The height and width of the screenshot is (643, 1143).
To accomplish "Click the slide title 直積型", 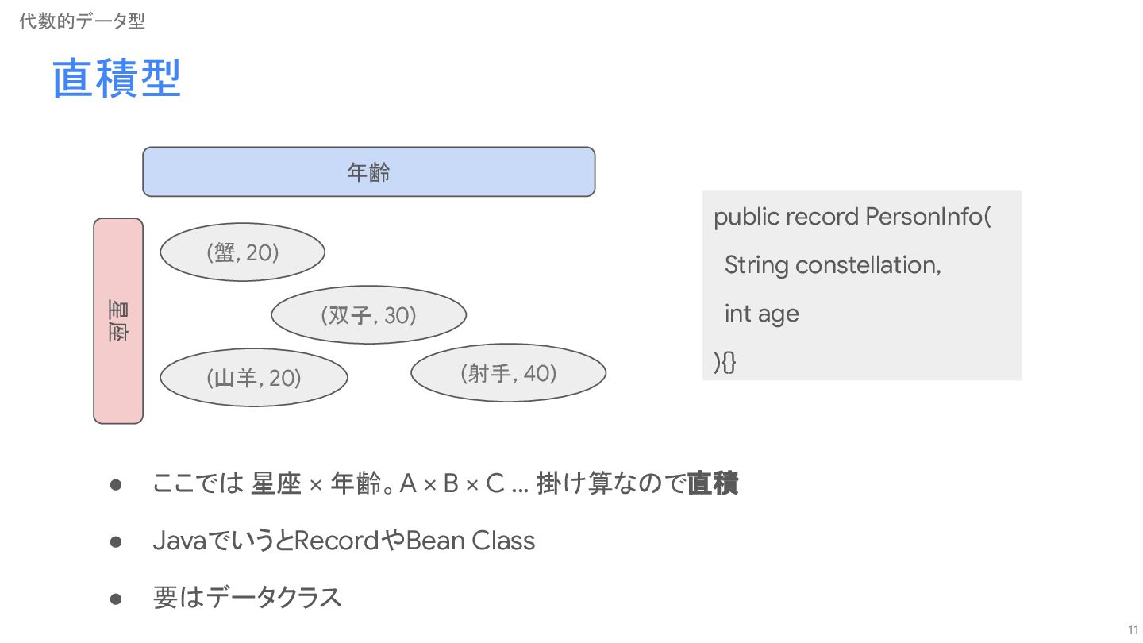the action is point(117,79).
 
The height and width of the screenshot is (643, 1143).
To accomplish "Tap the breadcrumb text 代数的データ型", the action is point(82,21).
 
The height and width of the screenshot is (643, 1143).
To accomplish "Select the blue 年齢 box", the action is point(368,171).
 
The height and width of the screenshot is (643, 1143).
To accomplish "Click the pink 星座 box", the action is point(118,321).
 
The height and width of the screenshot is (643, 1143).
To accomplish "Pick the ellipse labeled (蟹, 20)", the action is point(242,252).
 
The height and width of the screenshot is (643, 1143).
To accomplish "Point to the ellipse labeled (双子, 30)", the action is point(368,315).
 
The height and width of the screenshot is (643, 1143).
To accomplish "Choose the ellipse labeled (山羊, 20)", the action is point(253,378).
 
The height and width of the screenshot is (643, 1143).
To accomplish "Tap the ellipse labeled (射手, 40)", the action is point(508,372).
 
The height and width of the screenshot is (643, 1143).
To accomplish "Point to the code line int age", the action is point(761,314).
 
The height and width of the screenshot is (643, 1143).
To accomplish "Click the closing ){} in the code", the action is point(725,362).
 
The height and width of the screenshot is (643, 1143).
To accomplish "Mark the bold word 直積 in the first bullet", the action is point(712,483).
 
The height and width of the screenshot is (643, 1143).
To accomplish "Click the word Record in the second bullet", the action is point(337,541).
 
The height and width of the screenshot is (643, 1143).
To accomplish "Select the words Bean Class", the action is point(470,541).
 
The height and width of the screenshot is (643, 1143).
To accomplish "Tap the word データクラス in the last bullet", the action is point(274,598).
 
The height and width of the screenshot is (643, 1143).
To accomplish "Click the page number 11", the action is point(1133,629).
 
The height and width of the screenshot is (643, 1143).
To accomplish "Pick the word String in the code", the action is point(755,265).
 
